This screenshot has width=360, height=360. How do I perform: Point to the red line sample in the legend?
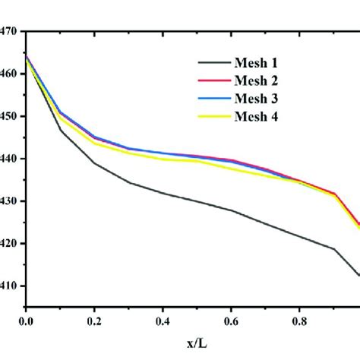(x=216, y=81)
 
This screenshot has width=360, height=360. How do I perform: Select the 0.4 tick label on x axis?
(x=160, y=323)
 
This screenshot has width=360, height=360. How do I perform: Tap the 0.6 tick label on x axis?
(x=228, y=323)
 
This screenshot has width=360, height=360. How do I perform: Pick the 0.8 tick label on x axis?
(x=295, y=323)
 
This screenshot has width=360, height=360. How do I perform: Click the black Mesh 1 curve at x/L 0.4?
(x=160, y=193)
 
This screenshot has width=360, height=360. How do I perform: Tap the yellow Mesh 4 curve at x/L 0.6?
(x=228, y=168)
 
